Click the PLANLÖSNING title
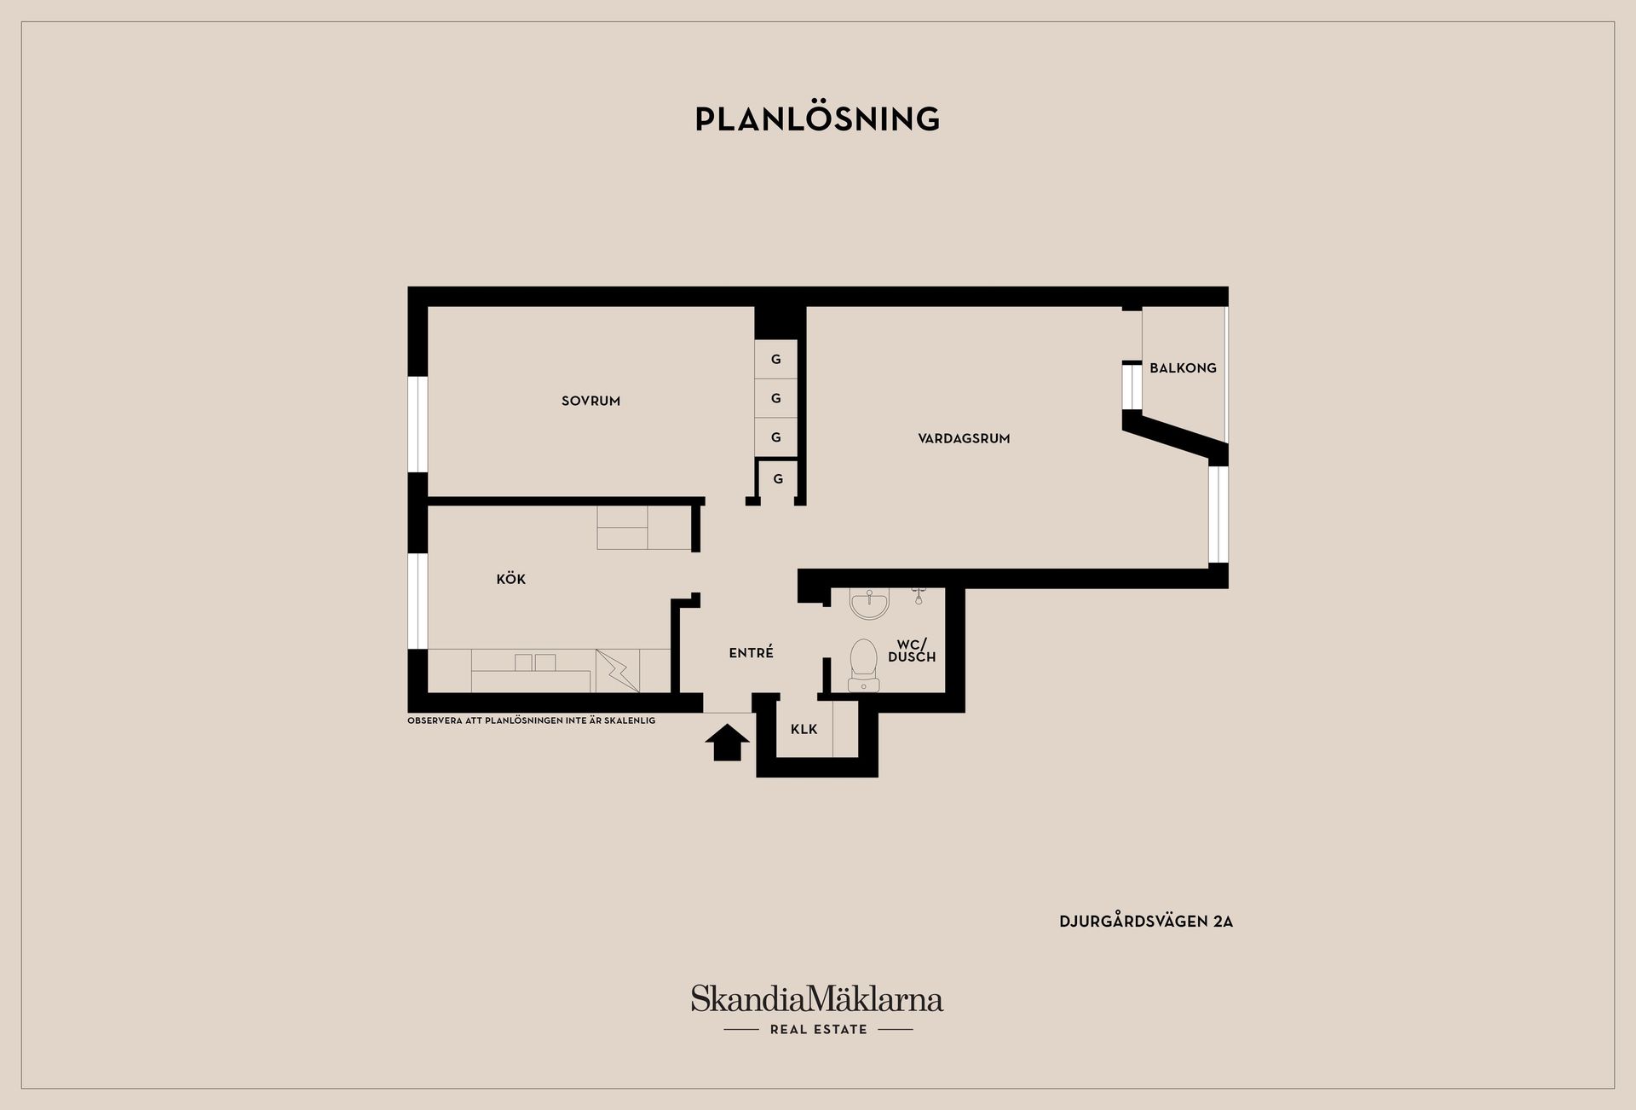[817, 119]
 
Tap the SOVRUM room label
[590, 401]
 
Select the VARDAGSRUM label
[964, 438]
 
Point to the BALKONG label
[1183, 368]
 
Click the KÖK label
[511, 579]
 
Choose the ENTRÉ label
[752, 652]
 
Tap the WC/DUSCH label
[912, 650]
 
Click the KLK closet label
[804, 729]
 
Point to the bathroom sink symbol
[869, 603]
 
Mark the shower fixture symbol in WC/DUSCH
[919, 595]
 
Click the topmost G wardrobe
[776, 360]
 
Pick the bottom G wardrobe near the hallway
[778, 479]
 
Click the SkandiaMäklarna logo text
[817, 998]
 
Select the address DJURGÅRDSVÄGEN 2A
[1146, 922]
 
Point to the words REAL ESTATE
[818, 1029]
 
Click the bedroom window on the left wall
[418, 425]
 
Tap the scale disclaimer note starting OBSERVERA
[532, 720]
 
